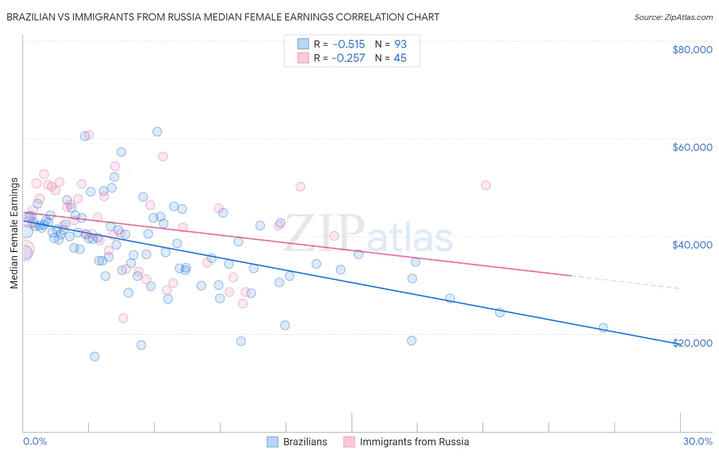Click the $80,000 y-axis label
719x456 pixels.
692,50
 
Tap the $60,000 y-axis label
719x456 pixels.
692,147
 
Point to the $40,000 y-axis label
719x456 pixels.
692,245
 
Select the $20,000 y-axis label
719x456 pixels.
692,343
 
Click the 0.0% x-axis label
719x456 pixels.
35,441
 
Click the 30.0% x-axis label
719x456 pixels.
698,441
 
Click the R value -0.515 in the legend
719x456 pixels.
348,44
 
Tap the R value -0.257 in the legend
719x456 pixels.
348,58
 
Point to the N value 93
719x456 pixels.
400,44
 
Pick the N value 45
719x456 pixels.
400,58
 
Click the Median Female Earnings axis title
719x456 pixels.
14,233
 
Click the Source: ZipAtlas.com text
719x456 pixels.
673,17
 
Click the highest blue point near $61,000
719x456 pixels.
157,132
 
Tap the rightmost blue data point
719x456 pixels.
603,328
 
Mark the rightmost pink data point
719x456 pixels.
485,185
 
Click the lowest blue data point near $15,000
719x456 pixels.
95,356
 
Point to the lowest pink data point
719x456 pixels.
123,318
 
